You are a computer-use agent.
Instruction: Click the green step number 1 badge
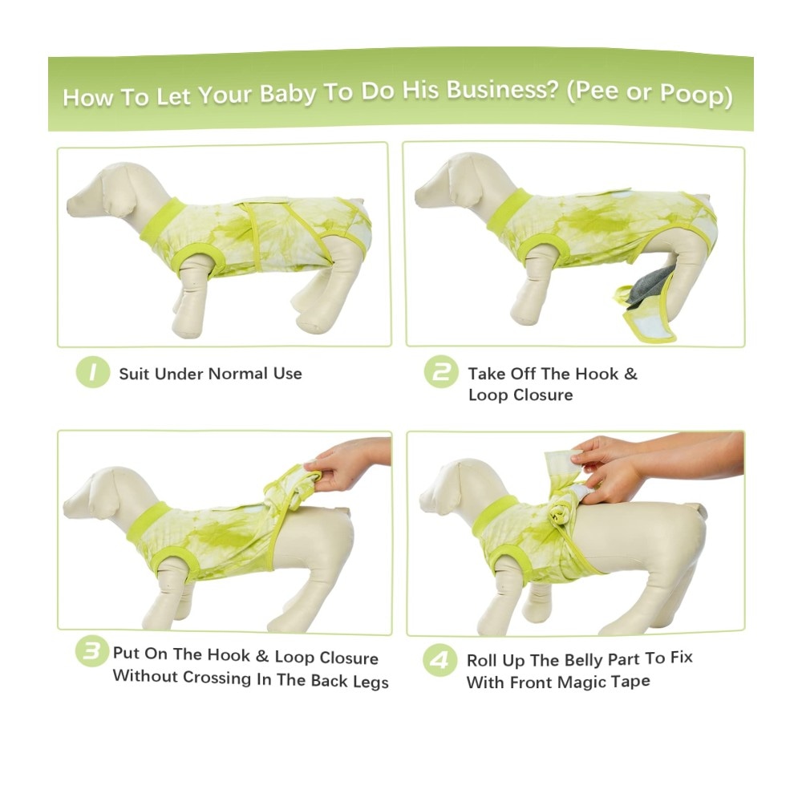tap(92, 372)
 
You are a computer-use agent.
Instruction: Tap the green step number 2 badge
tap(441, 372)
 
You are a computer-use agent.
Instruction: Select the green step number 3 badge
tap(92, 651)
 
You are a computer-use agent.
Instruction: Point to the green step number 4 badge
tap(439, 660)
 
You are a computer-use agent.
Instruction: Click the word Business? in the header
tap(501, 91)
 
